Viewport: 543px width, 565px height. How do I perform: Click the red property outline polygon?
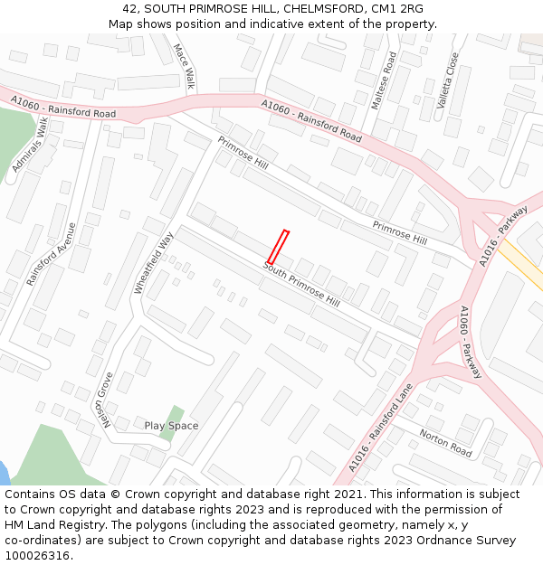point(278,247)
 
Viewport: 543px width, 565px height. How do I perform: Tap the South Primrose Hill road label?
point(301,284)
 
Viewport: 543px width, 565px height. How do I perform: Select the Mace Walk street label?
point(184,67)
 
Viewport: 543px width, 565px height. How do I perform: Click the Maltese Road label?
point(385,80)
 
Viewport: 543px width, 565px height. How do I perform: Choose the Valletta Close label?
point(448,80)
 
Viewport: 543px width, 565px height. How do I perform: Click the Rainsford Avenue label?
point(52,253)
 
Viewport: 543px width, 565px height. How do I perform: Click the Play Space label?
point(171,426)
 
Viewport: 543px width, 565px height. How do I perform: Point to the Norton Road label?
point(445,442)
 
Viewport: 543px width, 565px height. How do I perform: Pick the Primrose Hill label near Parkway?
point(399,232)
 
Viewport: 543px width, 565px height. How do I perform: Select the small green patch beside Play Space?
point(169,422)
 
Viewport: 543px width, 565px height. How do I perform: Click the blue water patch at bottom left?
point(4,473)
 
